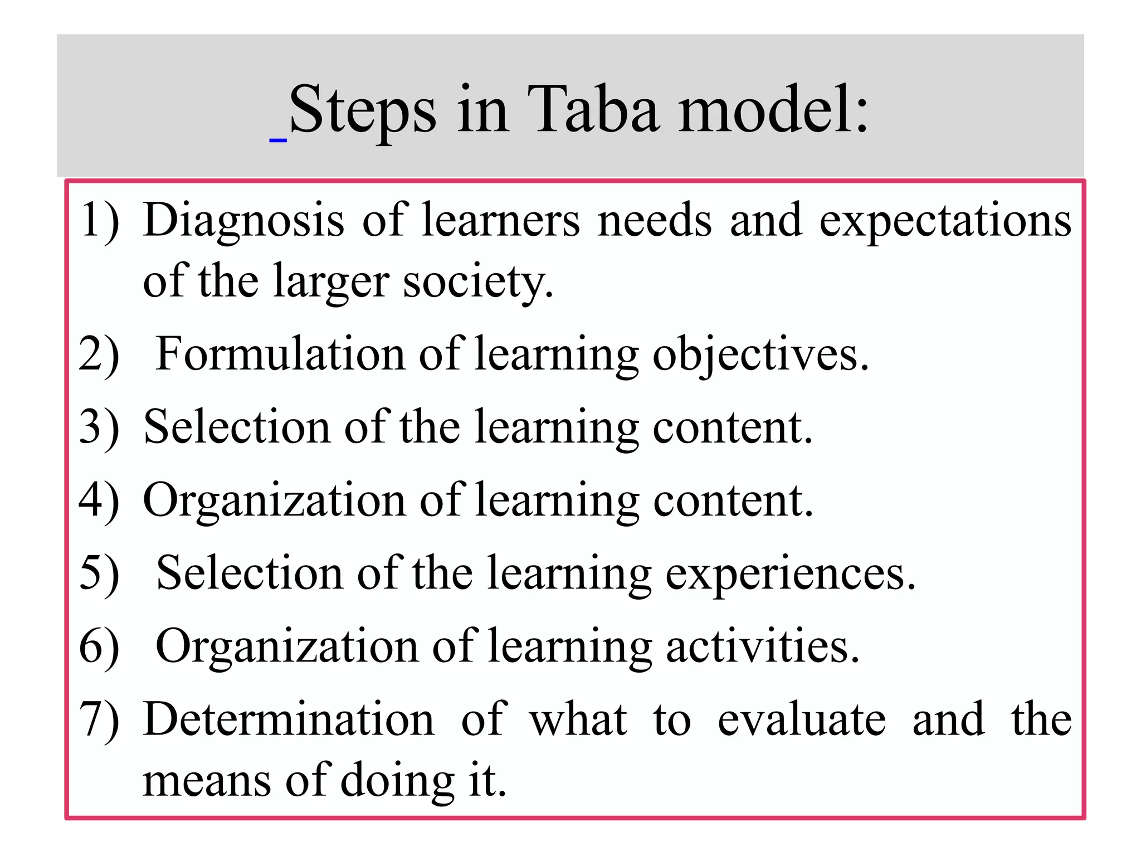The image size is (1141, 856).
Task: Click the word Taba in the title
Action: pyautogui.click(x=593, y=109)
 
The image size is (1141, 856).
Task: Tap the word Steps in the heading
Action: pyautogui.click(x=362, y=110)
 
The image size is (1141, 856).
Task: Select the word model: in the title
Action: pyautogui.click(x=773, y=109)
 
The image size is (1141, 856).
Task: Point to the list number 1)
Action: pyautogui.click(x=100, y=221)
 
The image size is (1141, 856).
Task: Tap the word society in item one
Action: pyautogui.click(x=478, y=282)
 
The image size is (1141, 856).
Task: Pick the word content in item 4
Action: pyautogui.click(x=732, y=500)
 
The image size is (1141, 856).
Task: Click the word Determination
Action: pyautogui.click(x=289, y=719)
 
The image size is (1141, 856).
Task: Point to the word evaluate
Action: pyautogui.click(x=801, y=719)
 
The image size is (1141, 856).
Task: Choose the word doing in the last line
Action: pyautogui.click(x=397, y=780)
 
